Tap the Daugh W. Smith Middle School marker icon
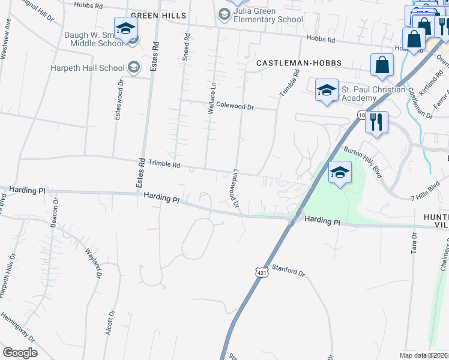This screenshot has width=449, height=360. pyautogui.click(x=126, y=29)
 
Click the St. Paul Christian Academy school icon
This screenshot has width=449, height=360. pyautogui.click(x=326, y=91)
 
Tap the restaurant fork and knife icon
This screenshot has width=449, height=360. pyautogui.click(x=376, y=122)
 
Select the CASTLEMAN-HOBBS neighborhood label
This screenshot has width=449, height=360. pyautogui.click(x=299, y=63)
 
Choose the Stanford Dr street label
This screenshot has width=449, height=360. pyautogui.click(x=289, y=270)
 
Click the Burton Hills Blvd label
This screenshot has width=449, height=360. pyautogui.click(x=363, y=160)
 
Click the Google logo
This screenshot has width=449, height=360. pyautogui.click(x=20, y=353)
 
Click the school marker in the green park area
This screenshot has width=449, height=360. pyautogui.click(x=340, y=173)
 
